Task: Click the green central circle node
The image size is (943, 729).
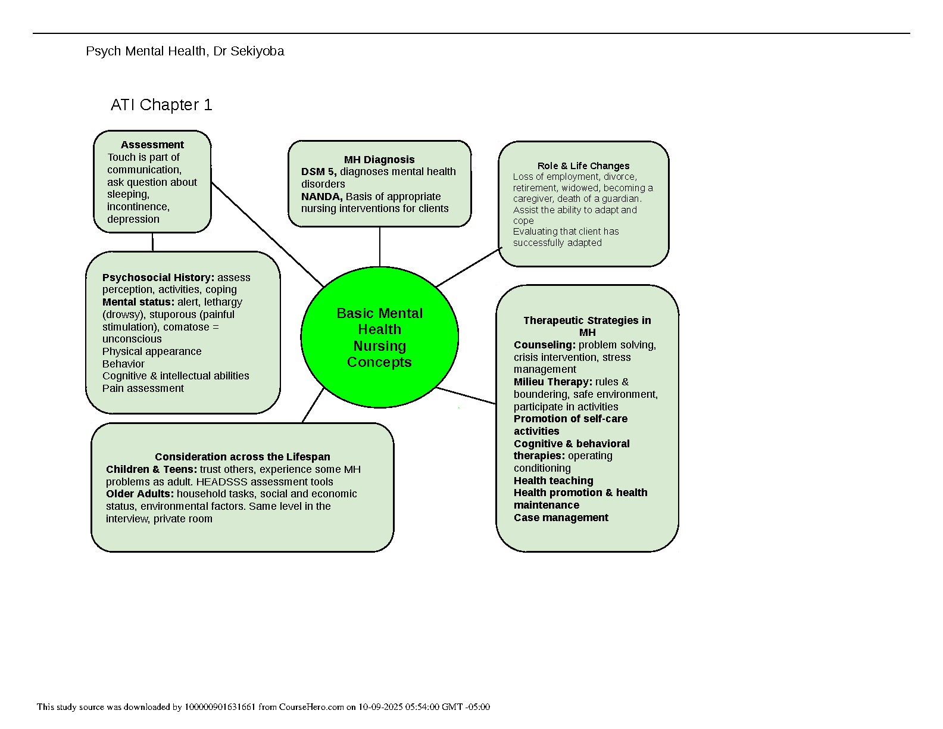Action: click(380, 337)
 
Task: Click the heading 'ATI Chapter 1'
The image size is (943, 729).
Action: click(161, 105)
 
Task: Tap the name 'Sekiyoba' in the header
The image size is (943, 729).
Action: click(257, 51)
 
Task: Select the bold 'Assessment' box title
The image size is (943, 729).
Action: click(152, 145)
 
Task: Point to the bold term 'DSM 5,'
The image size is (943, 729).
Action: click(319, 172)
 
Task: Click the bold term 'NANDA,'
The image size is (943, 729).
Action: click(321, 197)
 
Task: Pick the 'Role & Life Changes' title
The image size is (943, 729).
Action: click(583, 166)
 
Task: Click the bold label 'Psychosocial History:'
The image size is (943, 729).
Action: click(158, 278)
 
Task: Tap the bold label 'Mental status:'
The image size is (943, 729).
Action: click(138, 302)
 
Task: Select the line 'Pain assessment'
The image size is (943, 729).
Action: click(143, 388)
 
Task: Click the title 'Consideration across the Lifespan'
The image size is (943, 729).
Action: click(242, 457)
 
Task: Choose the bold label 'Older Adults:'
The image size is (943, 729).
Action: click(140, 494)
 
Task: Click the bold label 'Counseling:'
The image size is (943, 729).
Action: click(545, 345)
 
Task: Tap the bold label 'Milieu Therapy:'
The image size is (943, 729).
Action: click(553, 382)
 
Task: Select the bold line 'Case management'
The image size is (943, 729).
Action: click(561, 518)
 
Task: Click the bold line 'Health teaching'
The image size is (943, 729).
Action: click(554, 481)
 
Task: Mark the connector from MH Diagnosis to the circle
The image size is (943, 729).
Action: click(380, 247)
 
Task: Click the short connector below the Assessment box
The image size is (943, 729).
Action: click(152, 242)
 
